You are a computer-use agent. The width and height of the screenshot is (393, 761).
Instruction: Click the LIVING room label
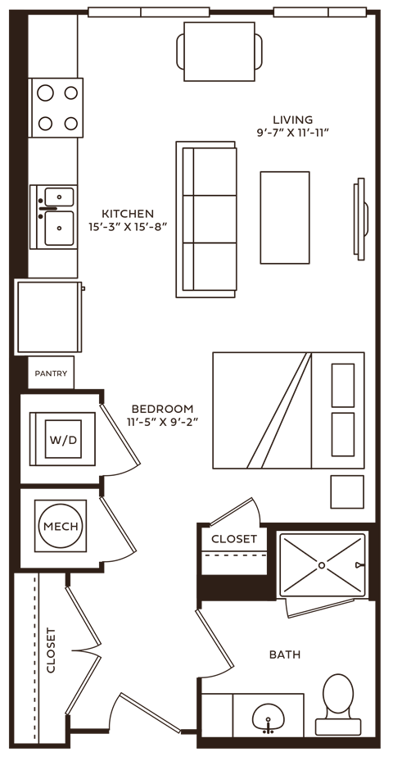tap(293, 120)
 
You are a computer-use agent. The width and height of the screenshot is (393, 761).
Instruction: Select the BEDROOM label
tap(163, 409)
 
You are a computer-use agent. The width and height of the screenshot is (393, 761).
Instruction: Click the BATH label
tap(284, 655)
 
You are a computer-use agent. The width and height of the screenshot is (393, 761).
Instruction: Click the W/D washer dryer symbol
tap(63, 441)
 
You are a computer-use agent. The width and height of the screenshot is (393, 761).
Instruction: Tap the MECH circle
tap(61, 527)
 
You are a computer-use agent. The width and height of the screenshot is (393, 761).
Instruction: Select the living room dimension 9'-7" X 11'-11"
tap(292, 131)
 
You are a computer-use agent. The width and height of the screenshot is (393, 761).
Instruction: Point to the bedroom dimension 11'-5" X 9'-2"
tap(163, 421)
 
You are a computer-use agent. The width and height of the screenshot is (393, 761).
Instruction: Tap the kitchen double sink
tap(57, 215)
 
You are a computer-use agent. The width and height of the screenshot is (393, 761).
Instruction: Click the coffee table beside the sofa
tap(285, 217)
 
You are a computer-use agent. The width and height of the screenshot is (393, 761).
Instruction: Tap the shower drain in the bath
tap(323, 564)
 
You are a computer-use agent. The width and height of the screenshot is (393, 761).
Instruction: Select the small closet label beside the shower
tap(233, 539)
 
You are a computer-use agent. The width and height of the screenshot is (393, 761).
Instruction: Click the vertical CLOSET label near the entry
tap(52, 650)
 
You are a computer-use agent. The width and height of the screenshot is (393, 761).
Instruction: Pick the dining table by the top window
tap(219, 50)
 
